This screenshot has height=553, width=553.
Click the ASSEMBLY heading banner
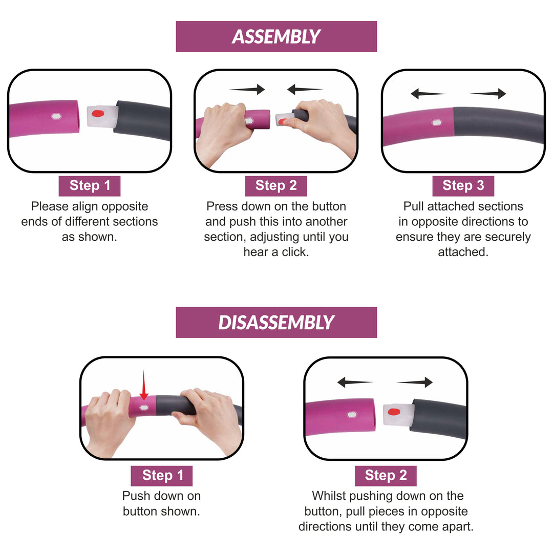pyautogui.click(x=276, y=36)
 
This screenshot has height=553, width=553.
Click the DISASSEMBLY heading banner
pyautogui.click(x=276, y=323)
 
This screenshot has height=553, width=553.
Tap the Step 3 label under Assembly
pyautogui.click(x=463, y=186)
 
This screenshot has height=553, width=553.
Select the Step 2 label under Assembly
pyautogui.click(x=276, y=186)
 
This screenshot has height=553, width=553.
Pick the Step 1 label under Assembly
pyautogui.click(x=90, y=186)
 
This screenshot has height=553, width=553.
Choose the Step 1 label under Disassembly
pyautogui.click(x=162, y=476)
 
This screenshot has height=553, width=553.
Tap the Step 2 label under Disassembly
pyautogui.click(x=386, y=476)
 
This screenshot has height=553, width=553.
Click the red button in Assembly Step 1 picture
pyautogui.click(x=98, y=114)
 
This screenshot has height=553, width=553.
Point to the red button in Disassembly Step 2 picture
pyautogui.click(x=394, y=412)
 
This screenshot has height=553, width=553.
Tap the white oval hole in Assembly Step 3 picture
pyautogui.click(x=437, y=123)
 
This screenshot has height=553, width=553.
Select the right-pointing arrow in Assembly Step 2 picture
pyautogui.click(x=247, y=89)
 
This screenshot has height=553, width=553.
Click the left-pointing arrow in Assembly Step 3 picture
pyautogui.click(x=429, y=94)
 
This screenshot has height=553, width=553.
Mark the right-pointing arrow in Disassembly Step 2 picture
pyautogui.click(x=415, y=382)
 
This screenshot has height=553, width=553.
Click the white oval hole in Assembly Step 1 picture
pyautogui.click(x=56, y=116)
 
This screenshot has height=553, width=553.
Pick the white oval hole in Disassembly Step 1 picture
pyautogui.click(x=144, y=408)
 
